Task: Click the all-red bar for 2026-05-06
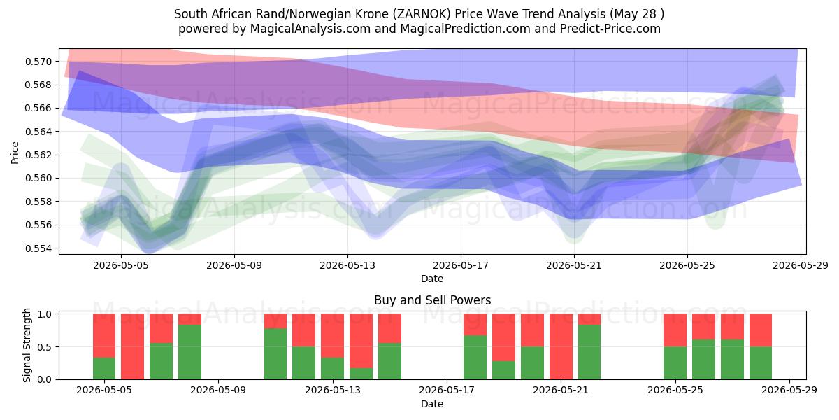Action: [132, 346]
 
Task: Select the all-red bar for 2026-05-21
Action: [561, 346]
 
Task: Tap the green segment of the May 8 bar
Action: [189, 352]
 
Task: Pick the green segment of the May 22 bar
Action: [589, 352]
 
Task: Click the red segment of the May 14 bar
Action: [361, 341]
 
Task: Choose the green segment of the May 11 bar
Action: [275, 354]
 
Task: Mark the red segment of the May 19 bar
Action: [504, 337]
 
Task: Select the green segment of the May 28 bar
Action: [761, 363]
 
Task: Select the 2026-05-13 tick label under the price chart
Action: [347, 265]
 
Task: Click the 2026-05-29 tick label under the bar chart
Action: [789, 391]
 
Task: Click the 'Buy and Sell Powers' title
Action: [432, 300]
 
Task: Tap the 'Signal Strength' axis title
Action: [27, 345]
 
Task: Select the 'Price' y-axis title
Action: [15, 153]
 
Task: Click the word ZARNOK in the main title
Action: [423, 14]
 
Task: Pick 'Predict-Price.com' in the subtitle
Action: [610, 29]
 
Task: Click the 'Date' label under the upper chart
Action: [432, 279]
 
